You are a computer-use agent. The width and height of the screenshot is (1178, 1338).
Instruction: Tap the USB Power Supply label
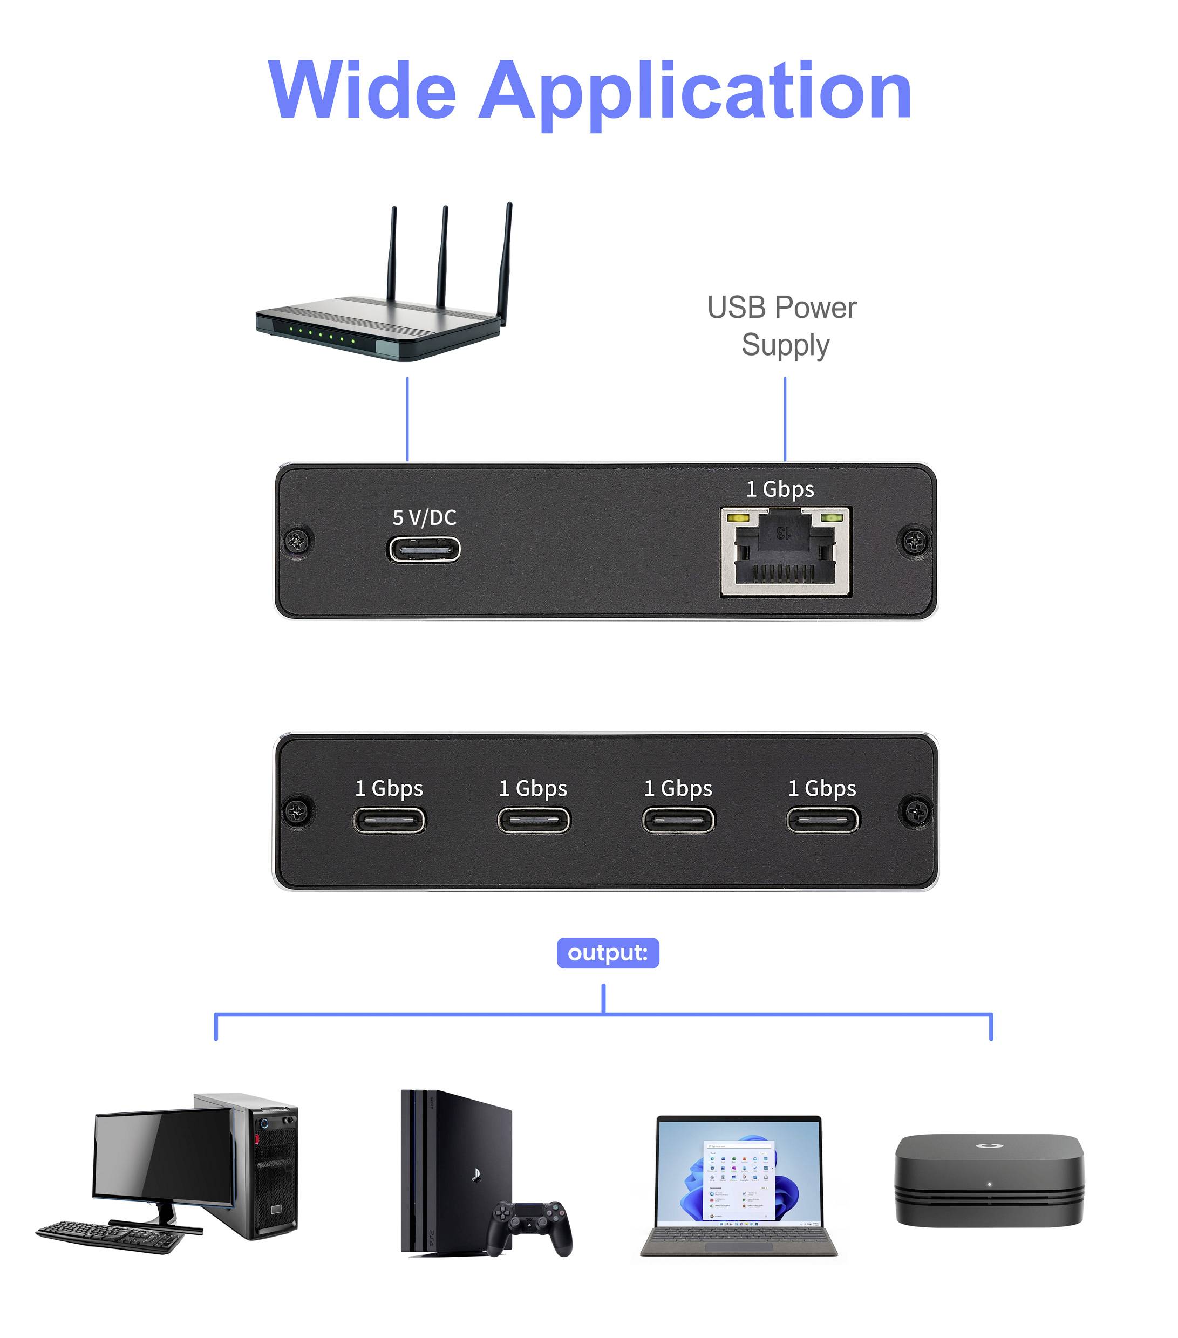point(782,326)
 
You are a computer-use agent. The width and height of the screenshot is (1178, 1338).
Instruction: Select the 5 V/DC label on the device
point(424,518)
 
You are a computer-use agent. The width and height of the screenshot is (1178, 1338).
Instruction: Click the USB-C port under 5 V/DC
point(423,549)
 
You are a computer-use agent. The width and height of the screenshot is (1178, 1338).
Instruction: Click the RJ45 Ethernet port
point(785,552)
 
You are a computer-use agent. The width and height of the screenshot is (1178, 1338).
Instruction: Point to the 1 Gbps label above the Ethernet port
point(780,489)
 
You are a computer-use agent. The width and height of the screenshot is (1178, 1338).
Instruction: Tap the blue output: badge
point(607,953)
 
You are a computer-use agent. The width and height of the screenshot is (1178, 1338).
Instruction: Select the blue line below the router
point(407,419)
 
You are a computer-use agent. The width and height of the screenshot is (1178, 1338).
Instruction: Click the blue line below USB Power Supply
point(785,419)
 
